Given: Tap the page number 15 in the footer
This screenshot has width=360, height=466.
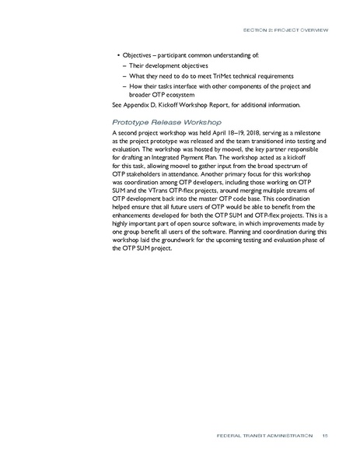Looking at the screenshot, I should pos(325,436).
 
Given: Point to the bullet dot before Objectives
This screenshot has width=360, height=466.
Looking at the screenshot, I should pos(118,57).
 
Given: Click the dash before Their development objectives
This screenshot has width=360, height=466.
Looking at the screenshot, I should pos(124,66).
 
